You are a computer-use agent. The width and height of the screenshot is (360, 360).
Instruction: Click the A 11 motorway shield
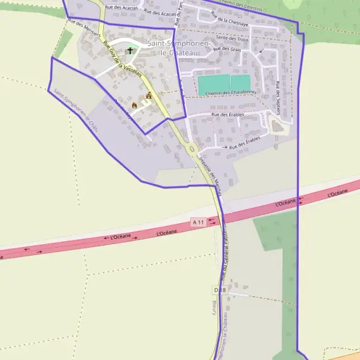click(199, 222)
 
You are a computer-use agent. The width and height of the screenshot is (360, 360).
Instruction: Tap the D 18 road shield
click(220, 290)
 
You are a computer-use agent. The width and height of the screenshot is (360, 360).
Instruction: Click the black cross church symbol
click(130, 51)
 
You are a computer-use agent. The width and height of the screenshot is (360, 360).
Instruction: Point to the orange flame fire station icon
click(134, 106)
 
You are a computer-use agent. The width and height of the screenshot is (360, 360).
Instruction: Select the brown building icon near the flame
click(149, 96)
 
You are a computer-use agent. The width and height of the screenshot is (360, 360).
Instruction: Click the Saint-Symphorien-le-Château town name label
click(178, 49)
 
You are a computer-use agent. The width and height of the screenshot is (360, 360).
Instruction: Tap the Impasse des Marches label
click(209, 175)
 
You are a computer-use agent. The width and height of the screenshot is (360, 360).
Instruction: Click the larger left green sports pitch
click(213, 83)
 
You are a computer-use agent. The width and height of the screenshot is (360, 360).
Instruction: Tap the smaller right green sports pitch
click(241, 83)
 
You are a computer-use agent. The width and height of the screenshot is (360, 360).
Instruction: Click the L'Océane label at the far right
click(338, 192)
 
